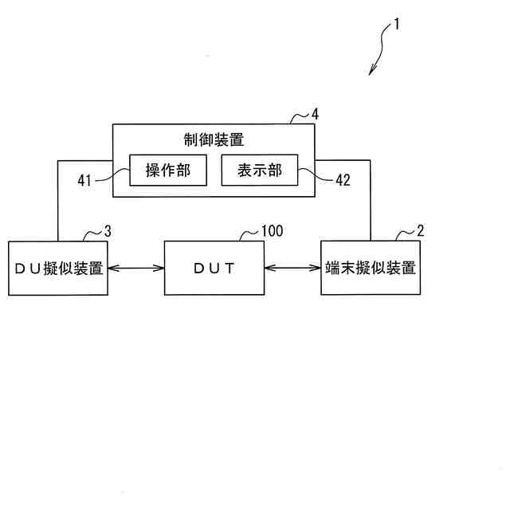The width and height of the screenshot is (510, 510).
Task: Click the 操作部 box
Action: pos(167,170)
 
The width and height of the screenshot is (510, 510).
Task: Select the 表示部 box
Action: pos(259,170)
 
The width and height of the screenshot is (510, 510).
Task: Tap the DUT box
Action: pos(214,268)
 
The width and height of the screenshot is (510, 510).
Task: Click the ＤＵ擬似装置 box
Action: pos(58,268)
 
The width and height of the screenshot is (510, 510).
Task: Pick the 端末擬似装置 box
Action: pos(371,268)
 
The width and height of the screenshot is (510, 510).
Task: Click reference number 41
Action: pos(85,181)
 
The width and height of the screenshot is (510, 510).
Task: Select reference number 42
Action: pos(343,181)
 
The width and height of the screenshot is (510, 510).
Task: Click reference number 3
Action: pos(108,231)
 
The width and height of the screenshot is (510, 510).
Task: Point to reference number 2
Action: pos(420,231)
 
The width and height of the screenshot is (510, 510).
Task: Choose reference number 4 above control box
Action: pos(315,114)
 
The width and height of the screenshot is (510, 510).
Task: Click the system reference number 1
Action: pos(397,24)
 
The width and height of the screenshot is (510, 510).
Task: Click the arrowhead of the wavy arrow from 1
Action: pos(371,73)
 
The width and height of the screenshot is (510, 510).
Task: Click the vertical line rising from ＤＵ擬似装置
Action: pos(58,199)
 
